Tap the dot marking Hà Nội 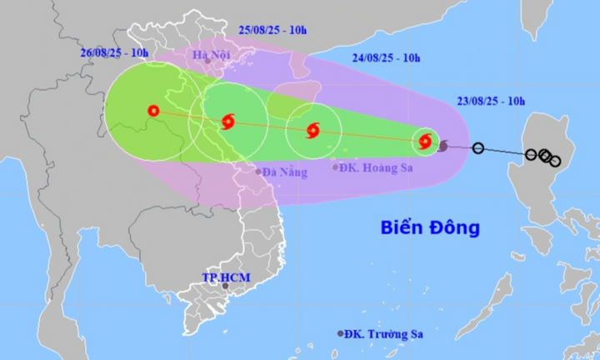tap(208, 61)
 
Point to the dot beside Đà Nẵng tap(258, 172)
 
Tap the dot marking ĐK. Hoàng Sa tap(336, 167)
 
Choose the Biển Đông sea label tap(430, 227)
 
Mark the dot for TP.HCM tap(224, 286)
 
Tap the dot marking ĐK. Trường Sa tap(340, 333)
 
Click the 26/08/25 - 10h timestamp tap(114, 53)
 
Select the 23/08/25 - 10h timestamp tap(492, 101)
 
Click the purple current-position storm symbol tap(442, 146)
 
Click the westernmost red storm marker tap(152, 110)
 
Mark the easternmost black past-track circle tap(556, 162)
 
